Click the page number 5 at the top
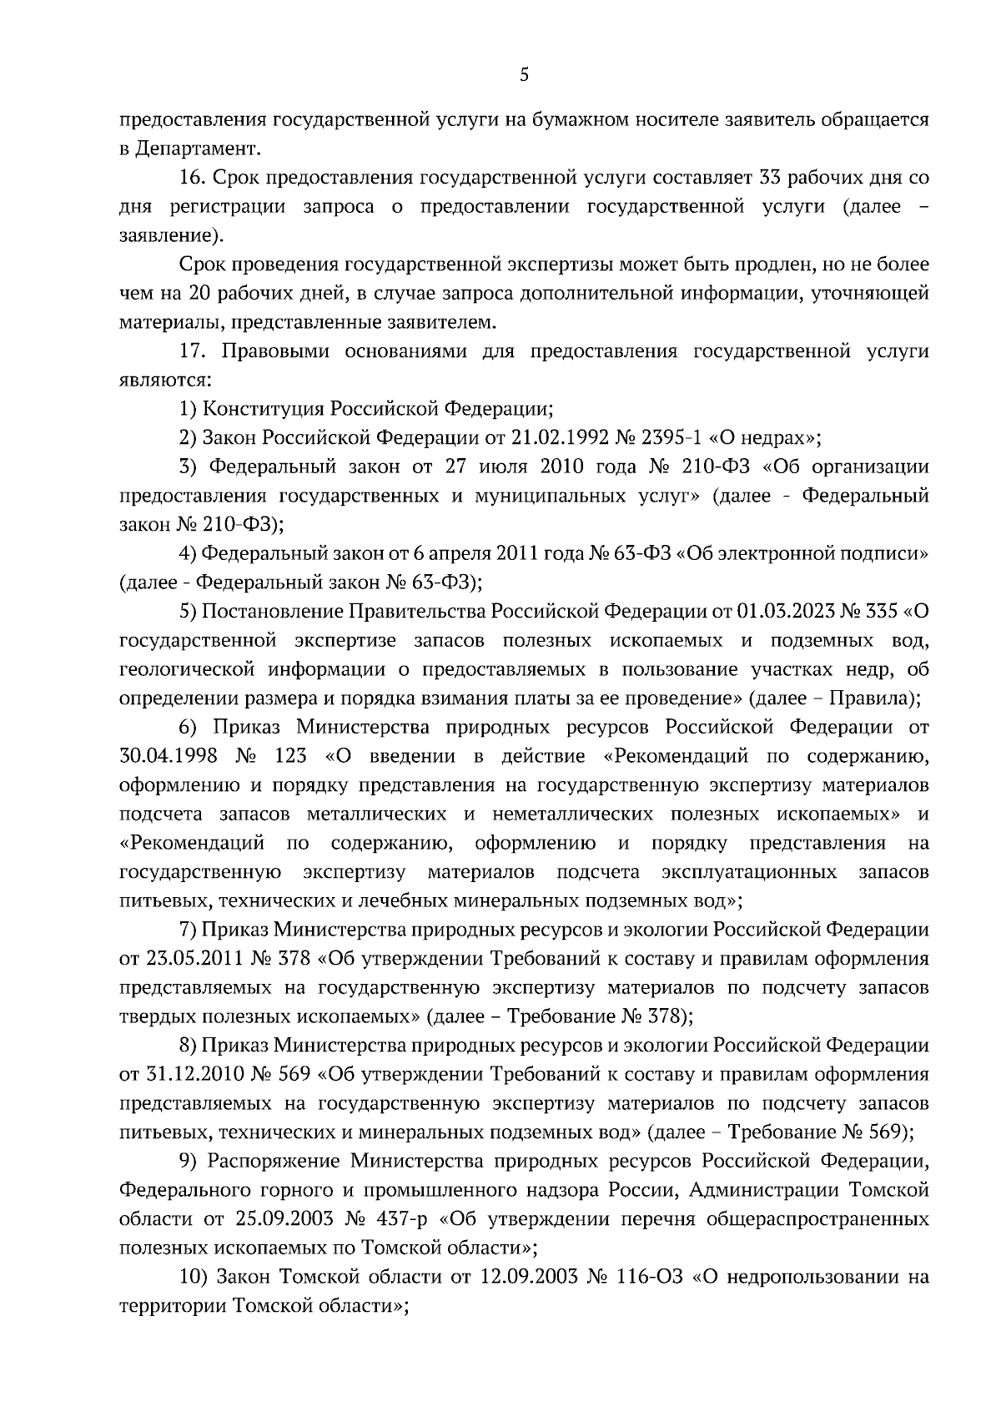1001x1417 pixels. pos(523,76)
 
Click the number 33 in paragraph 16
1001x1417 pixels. pos(770,178)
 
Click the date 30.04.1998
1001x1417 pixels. pos(169,756)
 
